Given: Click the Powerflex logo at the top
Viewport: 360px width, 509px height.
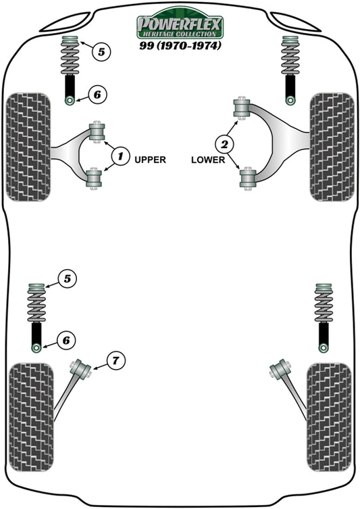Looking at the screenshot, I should (x=180, y=25).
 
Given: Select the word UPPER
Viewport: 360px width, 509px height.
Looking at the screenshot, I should (x=150, y=160).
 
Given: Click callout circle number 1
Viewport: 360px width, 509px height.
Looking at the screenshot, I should (x=120, y=157).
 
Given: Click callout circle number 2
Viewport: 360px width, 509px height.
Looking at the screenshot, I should (x=225, y=143).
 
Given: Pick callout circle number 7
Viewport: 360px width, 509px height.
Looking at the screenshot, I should (x=115, y=361).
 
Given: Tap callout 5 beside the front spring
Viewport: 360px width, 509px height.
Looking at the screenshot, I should (x=100, y=51).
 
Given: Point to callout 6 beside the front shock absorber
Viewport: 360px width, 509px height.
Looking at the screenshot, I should (x=96, y=95).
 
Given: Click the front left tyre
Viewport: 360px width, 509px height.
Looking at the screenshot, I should (x=28, y=147).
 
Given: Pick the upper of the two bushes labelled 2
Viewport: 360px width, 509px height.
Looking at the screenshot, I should (x=241, y=108).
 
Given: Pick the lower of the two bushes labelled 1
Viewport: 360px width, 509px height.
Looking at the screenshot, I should (x=95, y=178).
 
